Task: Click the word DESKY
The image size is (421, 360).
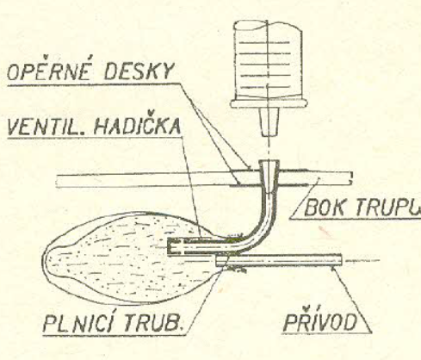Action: (x=139, y=71)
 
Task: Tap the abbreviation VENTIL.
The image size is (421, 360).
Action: (x=46, y=127)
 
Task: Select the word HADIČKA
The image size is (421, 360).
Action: (x=137, y=126)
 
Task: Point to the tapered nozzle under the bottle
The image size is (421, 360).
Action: (x=269, y=121)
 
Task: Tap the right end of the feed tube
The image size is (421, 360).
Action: (x=341, y=260)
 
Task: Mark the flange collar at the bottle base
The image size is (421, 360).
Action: (x=269, y=103)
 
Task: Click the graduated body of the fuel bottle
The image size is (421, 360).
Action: (x=268, y=60)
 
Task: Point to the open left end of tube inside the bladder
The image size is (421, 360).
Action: (x=170, y=246)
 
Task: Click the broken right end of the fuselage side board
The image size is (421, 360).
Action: (x=350, y=178)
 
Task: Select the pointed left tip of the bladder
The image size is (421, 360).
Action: (x=44, y=259)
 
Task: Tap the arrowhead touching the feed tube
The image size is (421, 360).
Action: (x=333, y=268)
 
